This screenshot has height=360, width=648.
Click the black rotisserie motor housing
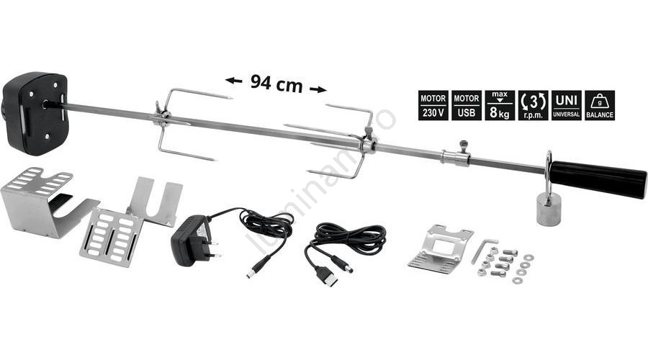coord(35,112)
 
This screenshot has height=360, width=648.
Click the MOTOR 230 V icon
coord(433,106)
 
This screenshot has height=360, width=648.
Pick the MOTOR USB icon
coord(467,106)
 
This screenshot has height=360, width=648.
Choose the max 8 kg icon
coord(500,106)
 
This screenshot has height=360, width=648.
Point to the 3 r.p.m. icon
coord(533,106)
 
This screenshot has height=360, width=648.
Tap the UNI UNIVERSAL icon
coord(566,106)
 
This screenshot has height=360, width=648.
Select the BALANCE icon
coord(600,106)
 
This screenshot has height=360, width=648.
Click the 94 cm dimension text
coord(276,84)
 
